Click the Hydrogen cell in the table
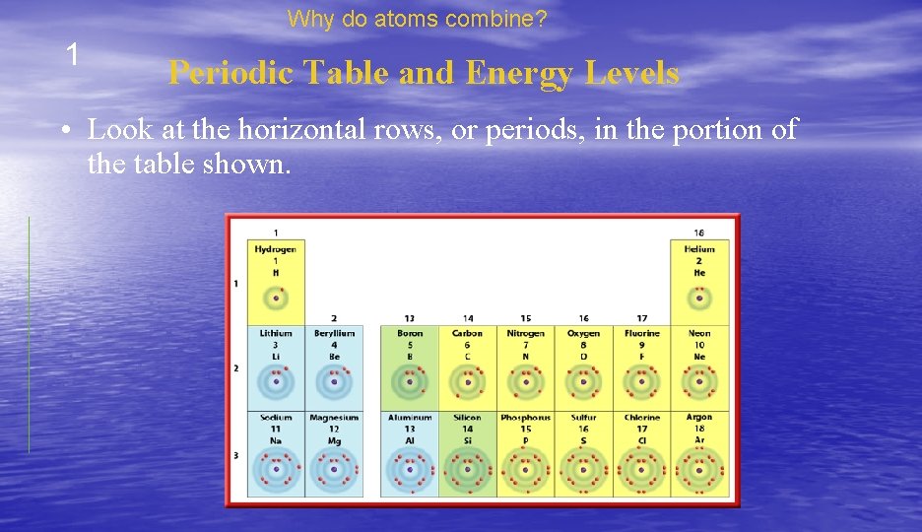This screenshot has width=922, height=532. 276,282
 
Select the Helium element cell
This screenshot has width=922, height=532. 699,282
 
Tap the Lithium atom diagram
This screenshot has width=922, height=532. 276,382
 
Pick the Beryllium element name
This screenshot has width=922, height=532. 334,334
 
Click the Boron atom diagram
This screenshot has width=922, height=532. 410,382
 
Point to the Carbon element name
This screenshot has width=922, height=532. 467,334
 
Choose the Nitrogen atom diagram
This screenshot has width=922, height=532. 525,382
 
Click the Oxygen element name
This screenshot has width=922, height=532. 583,334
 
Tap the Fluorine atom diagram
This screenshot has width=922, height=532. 641,382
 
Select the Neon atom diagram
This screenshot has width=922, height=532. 699,382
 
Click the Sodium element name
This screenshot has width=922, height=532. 276,419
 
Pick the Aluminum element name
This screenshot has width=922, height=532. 410,419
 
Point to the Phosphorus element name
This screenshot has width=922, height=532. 525,419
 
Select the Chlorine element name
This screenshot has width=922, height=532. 641,419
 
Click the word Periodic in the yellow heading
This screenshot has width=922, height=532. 230,73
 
